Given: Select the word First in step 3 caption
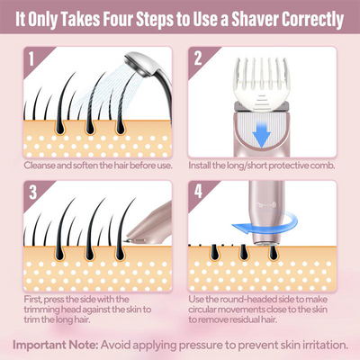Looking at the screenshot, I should coord(33,298).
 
